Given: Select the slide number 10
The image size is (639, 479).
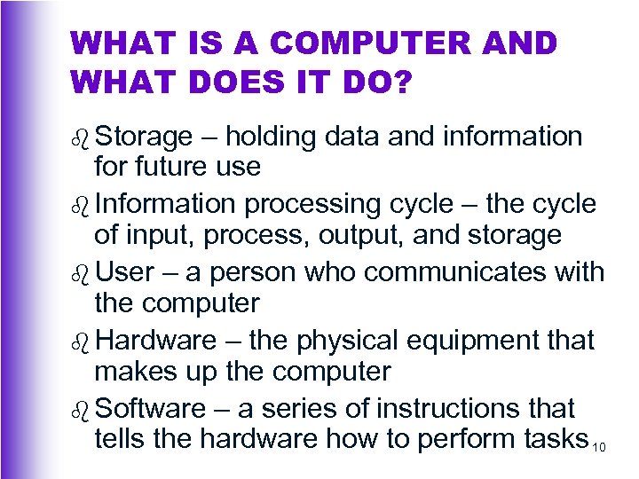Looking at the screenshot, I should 599,446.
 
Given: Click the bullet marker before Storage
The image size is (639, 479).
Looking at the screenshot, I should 81,137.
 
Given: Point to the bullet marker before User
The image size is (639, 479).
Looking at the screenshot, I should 81,272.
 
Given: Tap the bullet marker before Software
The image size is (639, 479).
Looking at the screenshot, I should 81,410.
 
